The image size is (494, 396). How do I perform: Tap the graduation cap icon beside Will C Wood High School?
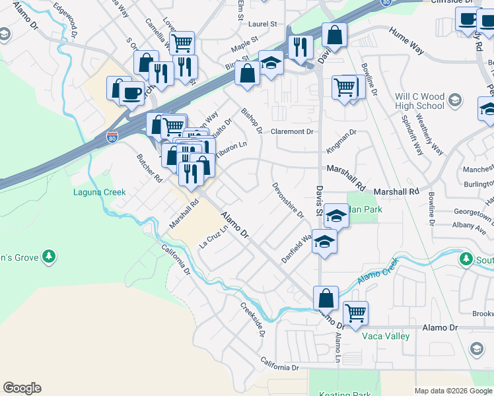454,100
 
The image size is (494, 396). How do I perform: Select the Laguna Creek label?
99,192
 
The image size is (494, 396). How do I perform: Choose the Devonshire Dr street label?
287,200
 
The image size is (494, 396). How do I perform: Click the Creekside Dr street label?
252,319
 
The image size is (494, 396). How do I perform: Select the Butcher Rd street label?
149,168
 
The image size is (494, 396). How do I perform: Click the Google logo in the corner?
22,388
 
